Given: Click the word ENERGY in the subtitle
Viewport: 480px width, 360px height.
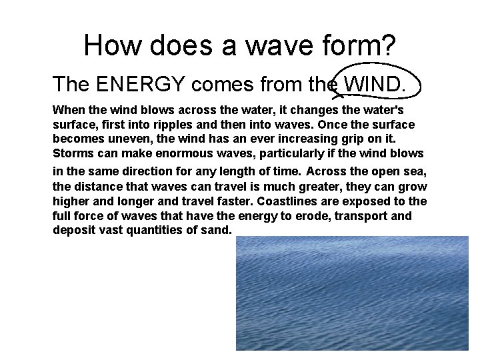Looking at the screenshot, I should pos(139,84).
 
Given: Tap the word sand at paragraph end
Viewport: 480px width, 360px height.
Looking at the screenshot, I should pos(219,230).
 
